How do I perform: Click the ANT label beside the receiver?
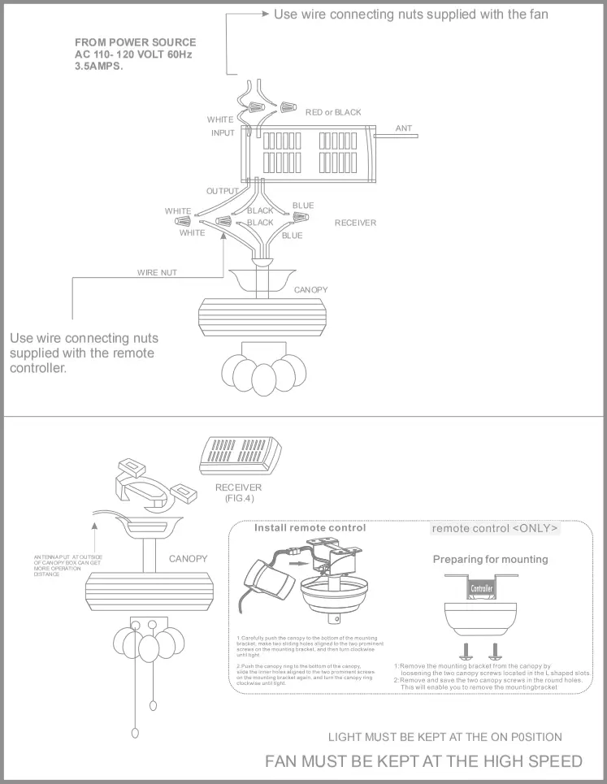(404, 128)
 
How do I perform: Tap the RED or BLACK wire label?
(333, 112)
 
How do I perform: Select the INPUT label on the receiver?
(223, 133)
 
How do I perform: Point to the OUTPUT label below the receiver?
(222, 191)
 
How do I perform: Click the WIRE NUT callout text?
(157, 273)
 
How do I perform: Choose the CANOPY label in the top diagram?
(310, 289)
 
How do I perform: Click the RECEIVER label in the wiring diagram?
(355, 223)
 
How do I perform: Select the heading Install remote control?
(310, 527)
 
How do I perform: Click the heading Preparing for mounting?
(490, 559)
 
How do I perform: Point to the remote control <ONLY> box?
(495, 528)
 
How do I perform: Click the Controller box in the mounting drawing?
(482, 587)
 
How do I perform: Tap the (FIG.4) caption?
(238, 498)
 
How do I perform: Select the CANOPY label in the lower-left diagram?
(189, 559)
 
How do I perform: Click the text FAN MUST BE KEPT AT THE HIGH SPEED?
(423, 761)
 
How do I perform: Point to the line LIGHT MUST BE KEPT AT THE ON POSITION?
(444, 737)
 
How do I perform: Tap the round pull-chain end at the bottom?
(136, 730)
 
